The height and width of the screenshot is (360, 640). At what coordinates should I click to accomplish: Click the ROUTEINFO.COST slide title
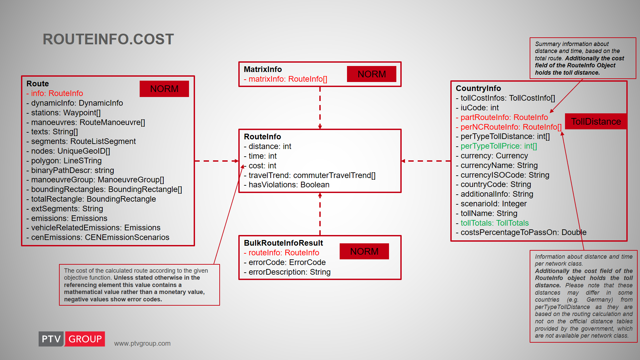click(108, 39)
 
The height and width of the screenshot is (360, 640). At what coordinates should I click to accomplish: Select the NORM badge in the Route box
click(164, 89)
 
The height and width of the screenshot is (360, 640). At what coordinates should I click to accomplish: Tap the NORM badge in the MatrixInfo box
click(372, 74)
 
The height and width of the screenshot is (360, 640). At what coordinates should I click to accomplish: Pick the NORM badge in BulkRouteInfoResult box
click(364, 251)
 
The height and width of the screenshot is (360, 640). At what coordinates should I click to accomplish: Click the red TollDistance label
click(596, 121)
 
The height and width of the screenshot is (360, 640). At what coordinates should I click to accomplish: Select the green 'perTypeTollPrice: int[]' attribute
click(496, 146)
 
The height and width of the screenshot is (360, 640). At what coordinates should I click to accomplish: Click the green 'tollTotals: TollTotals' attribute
click(492, 223)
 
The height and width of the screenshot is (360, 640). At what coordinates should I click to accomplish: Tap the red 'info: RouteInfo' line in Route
click(55, 93)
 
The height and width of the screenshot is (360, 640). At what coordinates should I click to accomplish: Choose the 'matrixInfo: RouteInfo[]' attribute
click(285, 79)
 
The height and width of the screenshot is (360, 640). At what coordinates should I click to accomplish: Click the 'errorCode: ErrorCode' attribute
click(285, 262)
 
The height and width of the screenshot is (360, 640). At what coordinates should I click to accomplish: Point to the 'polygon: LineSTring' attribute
click(64, 161)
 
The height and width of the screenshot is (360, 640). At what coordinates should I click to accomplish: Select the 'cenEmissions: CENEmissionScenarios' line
click(98, 237)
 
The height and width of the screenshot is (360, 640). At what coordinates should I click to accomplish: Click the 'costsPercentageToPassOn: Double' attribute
click(521, 232)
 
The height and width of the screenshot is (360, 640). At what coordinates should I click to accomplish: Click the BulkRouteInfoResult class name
click(283, 243)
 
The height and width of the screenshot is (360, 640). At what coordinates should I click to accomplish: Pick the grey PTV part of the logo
click(51, 339)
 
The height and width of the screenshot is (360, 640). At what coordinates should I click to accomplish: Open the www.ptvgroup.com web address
click(142, 343)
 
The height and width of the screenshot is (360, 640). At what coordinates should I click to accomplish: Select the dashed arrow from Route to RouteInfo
click(217, 161)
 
